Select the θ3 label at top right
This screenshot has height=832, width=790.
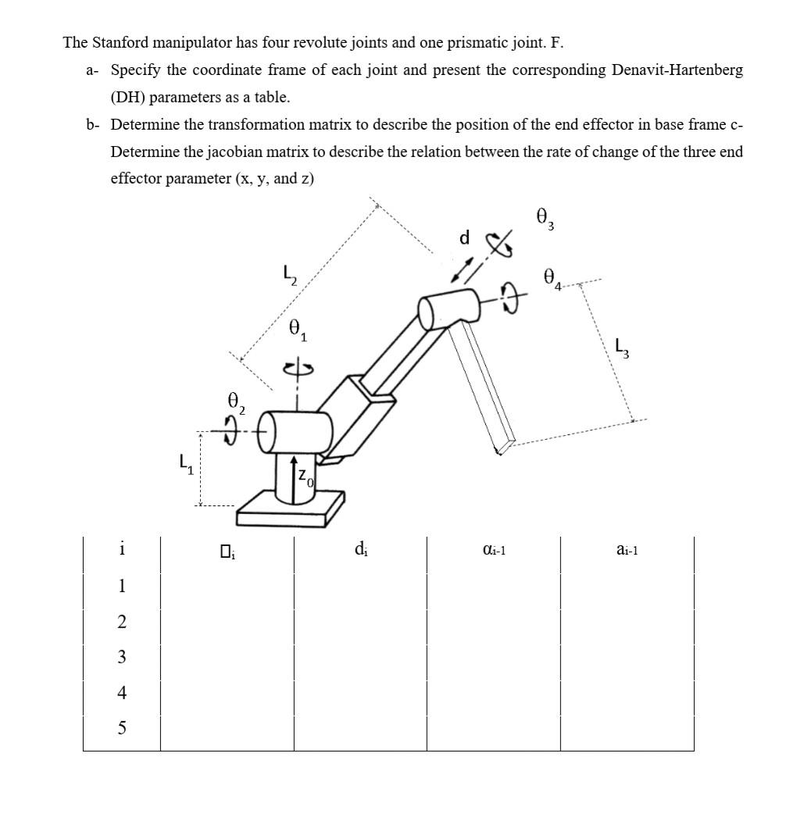(x=545, y=218)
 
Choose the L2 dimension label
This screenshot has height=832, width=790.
(x=289, y=275)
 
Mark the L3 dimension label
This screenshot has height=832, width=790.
(x=622, y=346)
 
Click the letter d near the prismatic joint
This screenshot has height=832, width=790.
(x=464, y=237)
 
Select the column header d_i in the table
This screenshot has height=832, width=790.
(x=360, y=550)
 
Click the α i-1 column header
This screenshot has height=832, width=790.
(x=494, y=551)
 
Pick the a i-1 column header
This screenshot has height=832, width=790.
(x=627, y=551)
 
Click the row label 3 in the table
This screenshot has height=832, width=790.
(x=121, y=657)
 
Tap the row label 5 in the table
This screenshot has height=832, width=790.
(x=121, y=728)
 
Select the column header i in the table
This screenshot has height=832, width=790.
(x=121, y=549)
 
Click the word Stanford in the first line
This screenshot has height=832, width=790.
(x=121, y=42)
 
